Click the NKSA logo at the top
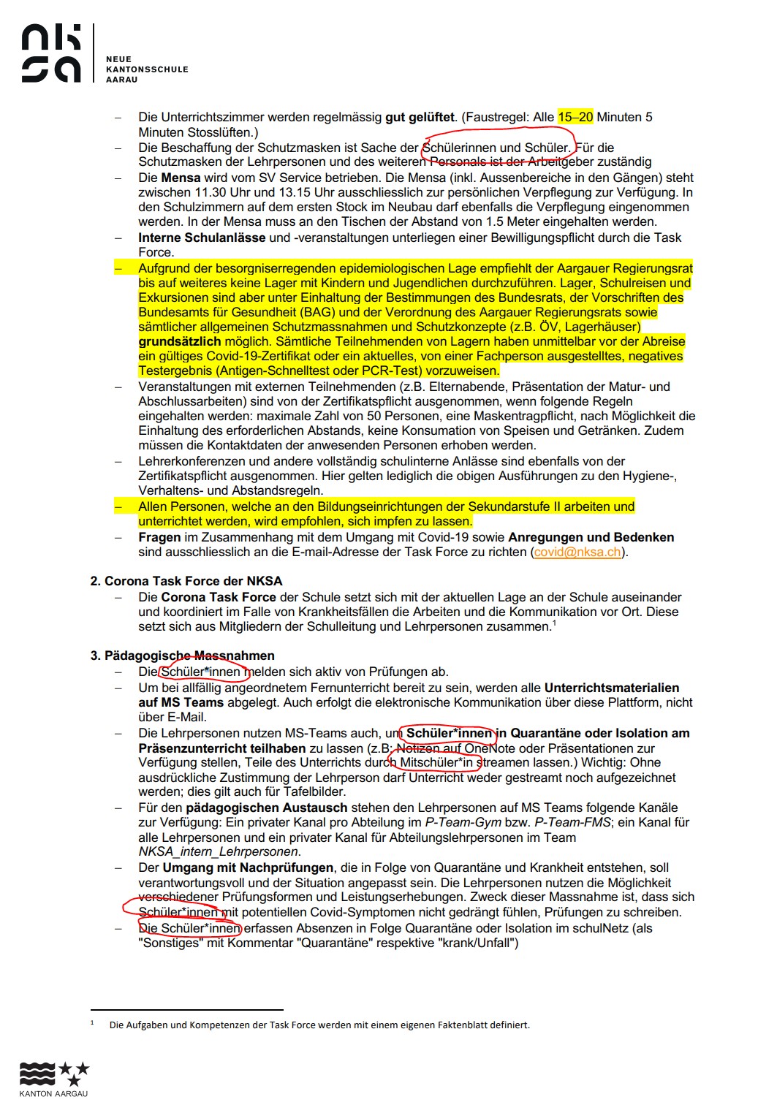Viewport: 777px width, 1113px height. tap(51, 53)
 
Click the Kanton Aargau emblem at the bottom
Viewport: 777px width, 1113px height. tap(53, 1079)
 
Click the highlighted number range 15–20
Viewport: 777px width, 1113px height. tap(575, 117)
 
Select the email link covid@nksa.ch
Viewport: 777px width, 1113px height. tap(577, 552)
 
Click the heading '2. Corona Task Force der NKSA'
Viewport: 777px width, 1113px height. tap(186, 581)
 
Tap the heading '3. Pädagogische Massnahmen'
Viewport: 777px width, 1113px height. tap(182, 656)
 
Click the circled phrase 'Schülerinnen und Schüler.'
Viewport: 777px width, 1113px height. tap(497, 148)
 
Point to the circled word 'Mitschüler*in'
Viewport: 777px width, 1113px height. tap(436, 762)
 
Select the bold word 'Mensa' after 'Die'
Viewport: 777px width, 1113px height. tap(181, 178)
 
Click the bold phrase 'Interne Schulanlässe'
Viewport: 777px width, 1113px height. tap(202, 238)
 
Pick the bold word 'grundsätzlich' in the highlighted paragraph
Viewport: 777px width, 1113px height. tap(180, 341)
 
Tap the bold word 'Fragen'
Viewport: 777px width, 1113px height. tap(159, 537)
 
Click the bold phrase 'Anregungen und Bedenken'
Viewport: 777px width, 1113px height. tap(591, 537)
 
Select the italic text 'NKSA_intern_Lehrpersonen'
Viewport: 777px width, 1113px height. tap(219, 851)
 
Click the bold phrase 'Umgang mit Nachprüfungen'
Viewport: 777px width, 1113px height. tap(248, 867)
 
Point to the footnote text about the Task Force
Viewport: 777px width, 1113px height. tap(319, 1025)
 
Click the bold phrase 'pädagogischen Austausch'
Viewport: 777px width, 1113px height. tap(266, 808)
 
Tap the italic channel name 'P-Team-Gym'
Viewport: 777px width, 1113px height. tap(463, 822)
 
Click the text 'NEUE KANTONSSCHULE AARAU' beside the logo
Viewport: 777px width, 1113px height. tap(147, 69)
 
